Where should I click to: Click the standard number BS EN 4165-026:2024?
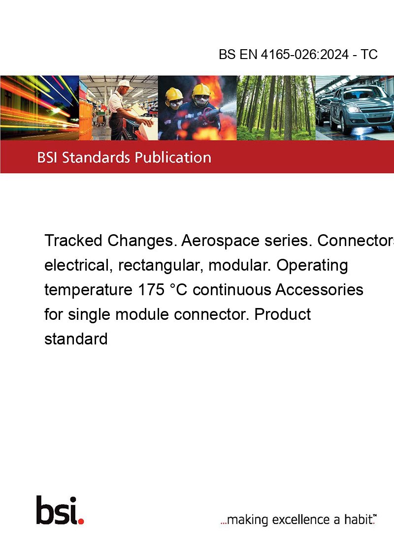tap(284, 55)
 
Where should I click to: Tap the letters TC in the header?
tap(369, 55)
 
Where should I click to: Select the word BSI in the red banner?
tap(48, 157)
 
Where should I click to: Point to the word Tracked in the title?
tap(73, 241)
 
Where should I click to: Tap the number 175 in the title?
tap(151, 289)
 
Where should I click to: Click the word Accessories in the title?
tap(319, 289)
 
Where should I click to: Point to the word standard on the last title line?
tap(76, 339)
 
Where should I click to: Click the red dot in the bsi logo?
tap(81, 521)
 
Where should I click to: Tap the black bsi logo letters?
tap(57, 510)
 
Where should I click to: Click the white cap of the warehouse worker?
tap(124, 84)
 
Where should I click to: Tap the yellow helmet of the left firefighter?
tap(174, 94)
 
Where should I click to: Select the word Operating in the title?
tap(312, 266)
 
